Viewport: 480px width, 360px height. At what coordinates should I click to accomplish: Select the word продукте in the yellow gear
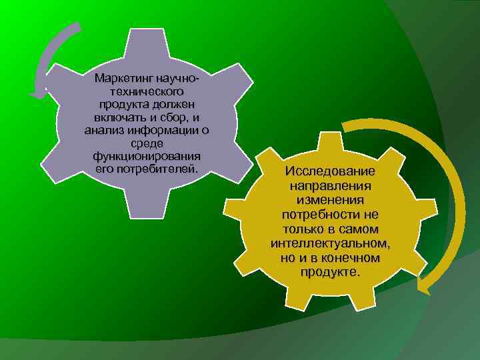point(330,273)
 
